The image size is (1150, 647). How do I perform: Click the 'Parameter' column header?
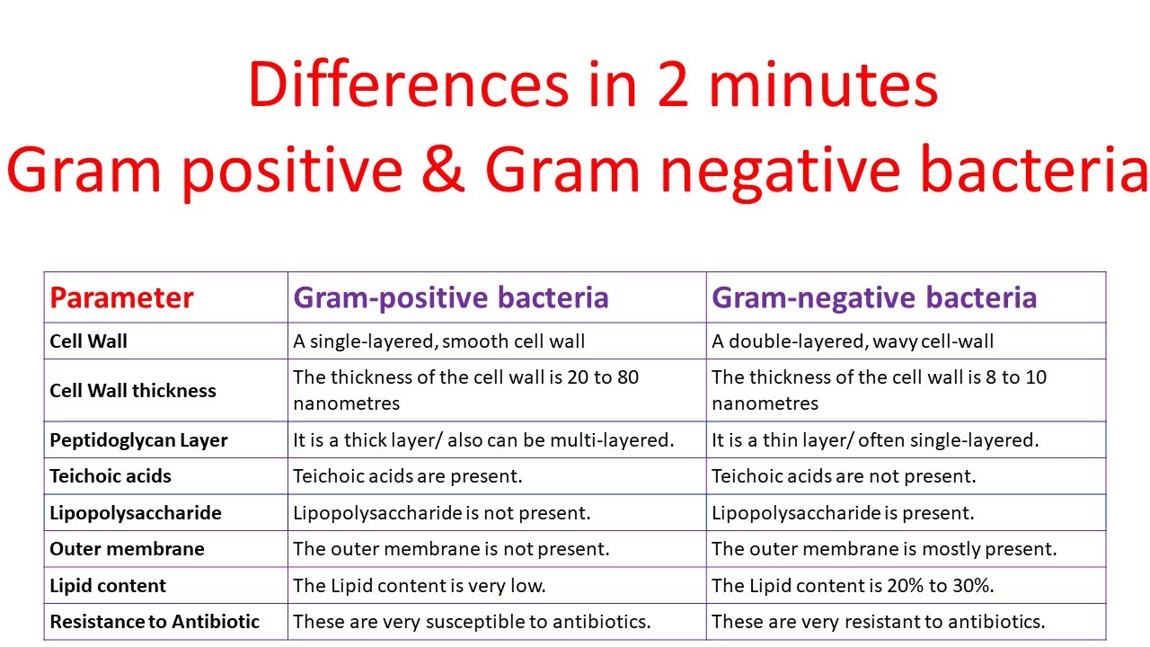click(121, 298)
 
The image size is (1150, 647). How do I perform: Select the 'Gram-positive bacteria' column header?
click(451, 298)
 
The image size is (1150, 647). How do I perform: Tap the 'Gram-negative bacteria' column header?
click(874, 298)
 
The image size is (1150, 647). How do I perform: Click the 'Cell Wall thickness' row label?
click(133, 391)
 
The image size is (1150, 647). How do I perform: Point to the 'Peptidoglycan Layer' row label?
click(138, 440)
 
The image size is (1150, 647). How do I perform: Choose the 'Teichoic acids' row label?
click(111, 476)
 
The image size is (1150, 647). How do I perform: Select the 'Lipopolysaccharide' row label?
click(136, 513)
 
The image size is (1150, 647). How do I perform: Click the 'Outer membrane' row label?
click(127, 549)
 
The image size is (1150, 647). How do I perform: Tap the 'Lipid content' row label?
click(108, 586)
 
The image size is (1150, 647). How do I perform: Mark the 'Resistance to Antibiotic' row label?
click(155, 622)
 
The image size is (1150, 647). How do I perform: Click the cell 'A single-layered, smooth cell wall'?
click(438, 341)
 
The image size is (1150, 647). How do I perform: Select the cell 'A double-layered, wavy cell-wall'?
click(853, 341)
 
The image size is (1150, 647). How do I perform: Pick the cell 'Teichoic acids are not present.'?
click(844, 476)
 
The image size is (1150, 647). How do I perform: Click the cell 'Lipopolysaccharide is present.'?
click(843, 513)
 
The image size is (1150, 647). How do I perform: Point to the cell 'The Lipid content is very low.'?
click(420, 586)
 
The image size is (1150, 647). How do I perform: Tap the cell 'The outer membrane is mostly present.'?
click(884, 549)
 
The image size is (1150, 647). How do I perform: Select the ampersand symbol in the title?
click(441, 171)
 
